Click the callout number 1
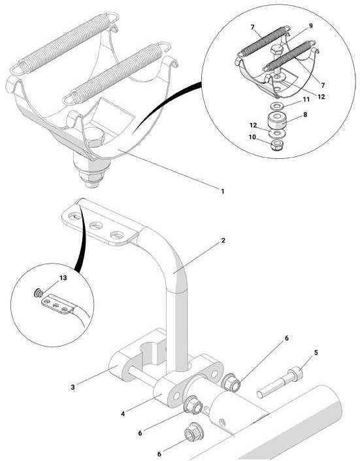pos(222,192)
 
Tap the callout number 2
pos(223,241)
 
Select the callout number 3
pos(73,387)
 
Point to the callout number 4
pos(123,414)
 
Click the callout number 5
pos(316,352)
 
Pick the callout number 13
pos(63,278)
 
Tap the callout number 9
pos(311,26)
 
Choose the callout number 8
pos(305,114)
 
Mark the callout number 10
pos(252,137)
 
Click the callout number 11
pos(306,99)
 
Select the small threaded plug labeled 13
pos(39,293)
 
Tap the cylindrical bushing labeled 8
pos(276,120)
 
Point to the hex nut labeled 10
pos(276,145)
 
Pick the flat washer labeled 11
pos(276,105)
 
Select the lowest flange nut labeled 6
pos(193,432)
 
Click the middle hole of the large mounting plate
pos(96,226)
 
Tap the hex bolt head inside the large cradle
pos(94,137)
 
